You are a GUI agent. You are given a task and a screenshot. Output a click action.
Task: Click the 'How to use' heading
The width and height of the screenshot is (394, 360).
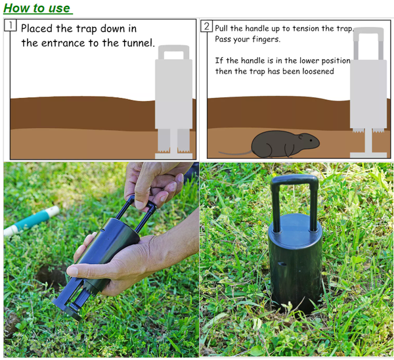click(x=37, y=8)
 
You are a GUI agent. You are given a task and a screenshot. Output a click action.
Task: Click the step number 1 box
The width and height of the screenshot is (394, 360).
click(x=10, y=26)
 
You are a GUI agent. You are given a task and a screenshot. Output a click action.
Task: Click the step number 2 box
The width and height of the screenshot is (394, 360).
click(x=207, y=26)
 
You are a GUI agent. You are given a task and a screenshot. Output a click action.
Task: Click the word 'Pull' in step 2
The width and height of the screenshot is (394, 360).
click(x=225, y=29)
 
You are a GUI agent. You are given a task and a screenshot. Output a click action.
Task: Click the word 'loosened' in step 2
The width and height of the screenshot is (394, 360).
click(x=317, y=71)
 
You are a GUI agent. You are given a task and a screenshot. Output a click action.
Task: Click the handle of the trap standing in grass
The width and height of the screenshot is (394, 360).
click(x=294, y=197)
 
